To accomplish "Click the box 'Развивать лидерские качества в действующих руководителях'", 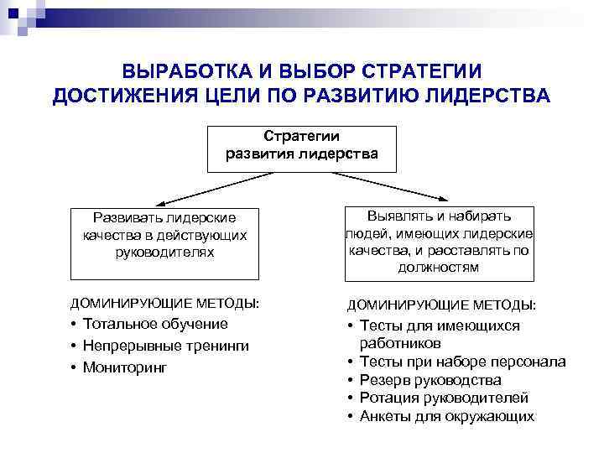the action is point(164,243).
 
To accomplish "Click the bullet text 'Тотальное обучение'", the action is point(154,324).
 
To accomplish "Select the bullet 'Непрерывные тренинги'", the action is point(165,346).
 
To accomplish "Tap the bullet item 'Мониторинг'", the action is point(125,367).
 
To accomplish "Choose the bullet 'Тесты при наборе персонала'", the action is point(461,362).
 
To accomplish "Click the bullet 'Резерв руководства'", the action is point(430,380).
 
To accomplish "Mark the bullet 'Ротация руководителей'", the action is point(443,398).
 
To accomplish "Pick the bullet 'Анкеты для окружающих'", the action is point(446,416).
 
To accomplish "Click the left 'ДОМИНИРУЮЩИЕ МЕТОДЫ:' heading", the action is point(164,302).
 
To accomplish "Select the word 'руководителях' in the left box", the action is point(164,251).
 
